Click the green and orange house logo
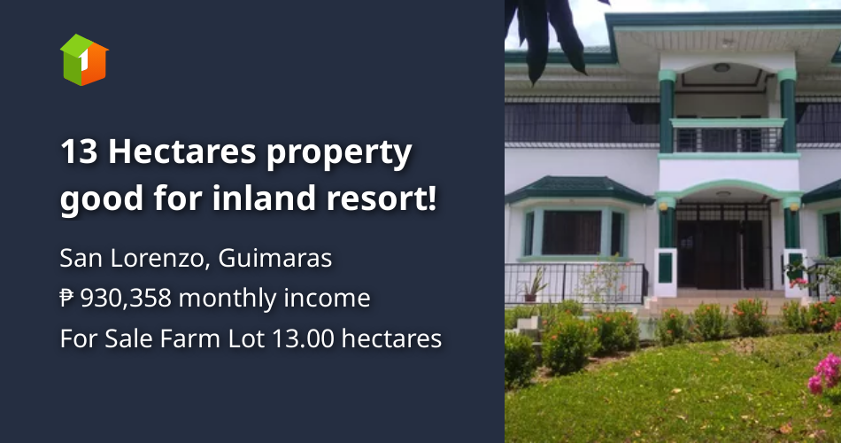[x=84, y=59]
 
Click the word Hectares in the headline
[x=181, y=152]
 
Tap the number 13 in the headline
[x=79, y=152]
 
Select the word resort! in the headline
[x=382, y=198]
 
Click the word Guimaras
[x=274, y=258]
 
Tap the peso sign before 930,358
[x=67, y=298]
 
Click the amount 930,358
[x=126, y=298]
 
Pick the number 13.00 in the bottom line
[x=303, y=338]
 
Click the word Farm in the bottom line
[x=189, y=338]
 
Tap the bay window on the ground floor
[x=574, y=232]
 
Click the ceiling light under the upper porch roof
[x=721, y=67]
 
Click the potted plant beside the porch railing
[x=533, y=284]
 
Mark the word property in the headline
[x=339, y=153]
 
